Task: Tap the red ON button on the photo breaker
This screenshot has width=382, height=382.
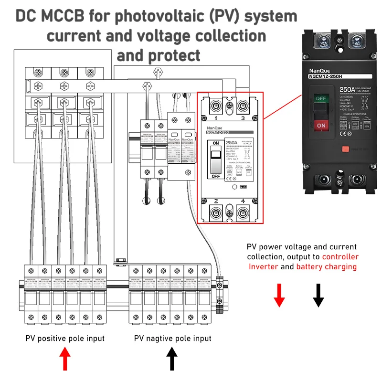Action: tap(320, 126)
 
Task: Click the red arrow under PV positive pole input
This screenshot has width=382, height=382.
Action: tap(65, 359)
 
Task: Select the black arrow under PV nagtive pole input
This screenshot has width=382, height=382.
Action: tap(172, 359)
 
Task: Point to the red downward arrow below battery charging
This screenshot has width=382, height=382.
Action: tap(279, 295)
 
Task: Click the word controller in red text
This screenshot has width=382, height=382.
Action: tap(340, 257)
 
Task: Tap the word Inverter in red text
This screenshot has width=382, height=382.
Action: tap(263, 266)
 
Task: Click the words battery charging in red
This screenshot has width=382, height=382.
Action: tap(326, 266)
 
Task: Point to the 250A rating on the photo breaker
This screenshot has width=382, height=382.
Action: tap(347, 89)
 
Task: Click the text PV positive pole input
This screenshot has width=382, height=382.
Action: tap(65, 338)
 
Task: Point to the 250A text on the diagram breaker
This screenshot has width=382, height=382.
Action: tap(233, 142)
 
